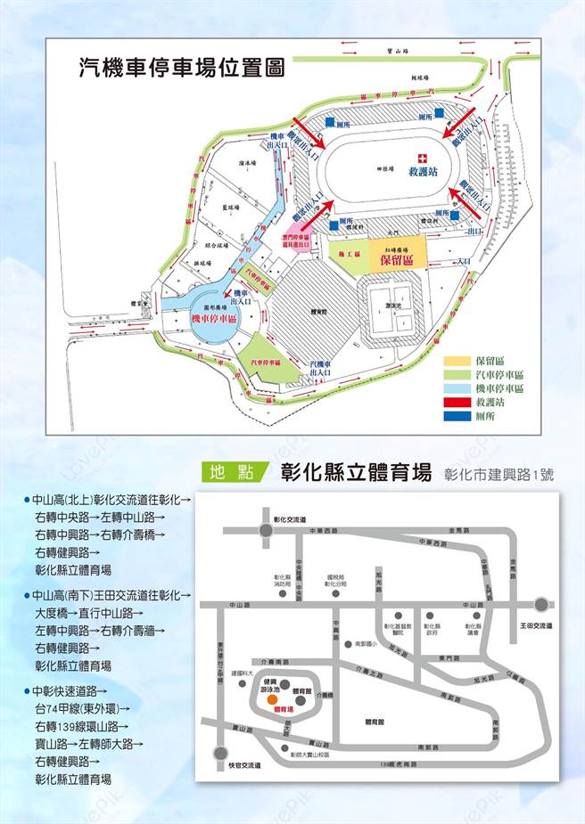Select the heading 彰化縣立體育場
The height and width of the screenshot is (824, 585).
tap(356, 471)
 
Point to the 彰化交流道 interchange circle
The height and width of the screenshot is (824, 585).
tap(267, 530)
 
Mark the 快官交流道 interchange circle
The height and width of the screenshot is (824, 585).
tap(220, 753)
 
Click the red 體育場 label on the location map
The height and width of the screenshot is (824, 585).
tap(284, 709)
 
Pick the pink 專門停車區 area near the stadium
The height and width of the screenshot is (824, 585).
tap(296, 241)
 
